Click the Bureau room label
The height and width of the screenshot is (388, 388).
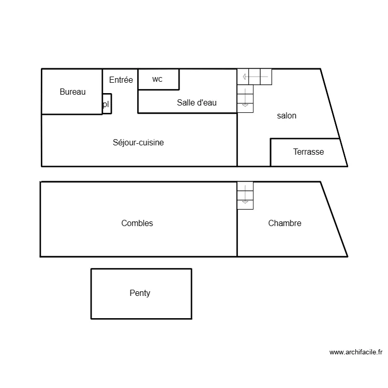coord(72,92)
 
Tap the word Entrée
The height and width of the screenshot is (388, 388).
coord(121,80)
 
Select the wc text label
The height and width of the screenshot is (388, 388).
coord(157,79)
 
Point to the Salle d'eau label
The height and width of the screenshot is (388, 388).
coord(197,103)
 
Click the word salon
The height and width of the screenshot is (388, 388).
coord(287,116)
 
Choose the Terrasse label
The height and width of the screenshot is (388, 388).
coord(308,152)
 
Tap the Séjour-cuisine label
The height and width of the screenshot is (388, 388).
coord(138,143)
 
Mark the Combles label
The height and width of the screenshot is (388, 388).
coord(137,223)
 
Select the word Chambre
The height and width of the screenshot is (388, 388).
coord(285,223)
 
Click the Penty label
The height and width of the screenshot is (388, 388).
coord(140,293)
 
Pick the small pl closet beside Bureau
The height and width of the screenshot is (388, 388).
coord(107,103)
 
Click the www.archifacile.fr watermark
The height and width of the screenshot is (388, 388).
coord(356,353)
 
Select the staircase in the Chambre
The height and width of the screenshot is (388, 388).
coord(245,196)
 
